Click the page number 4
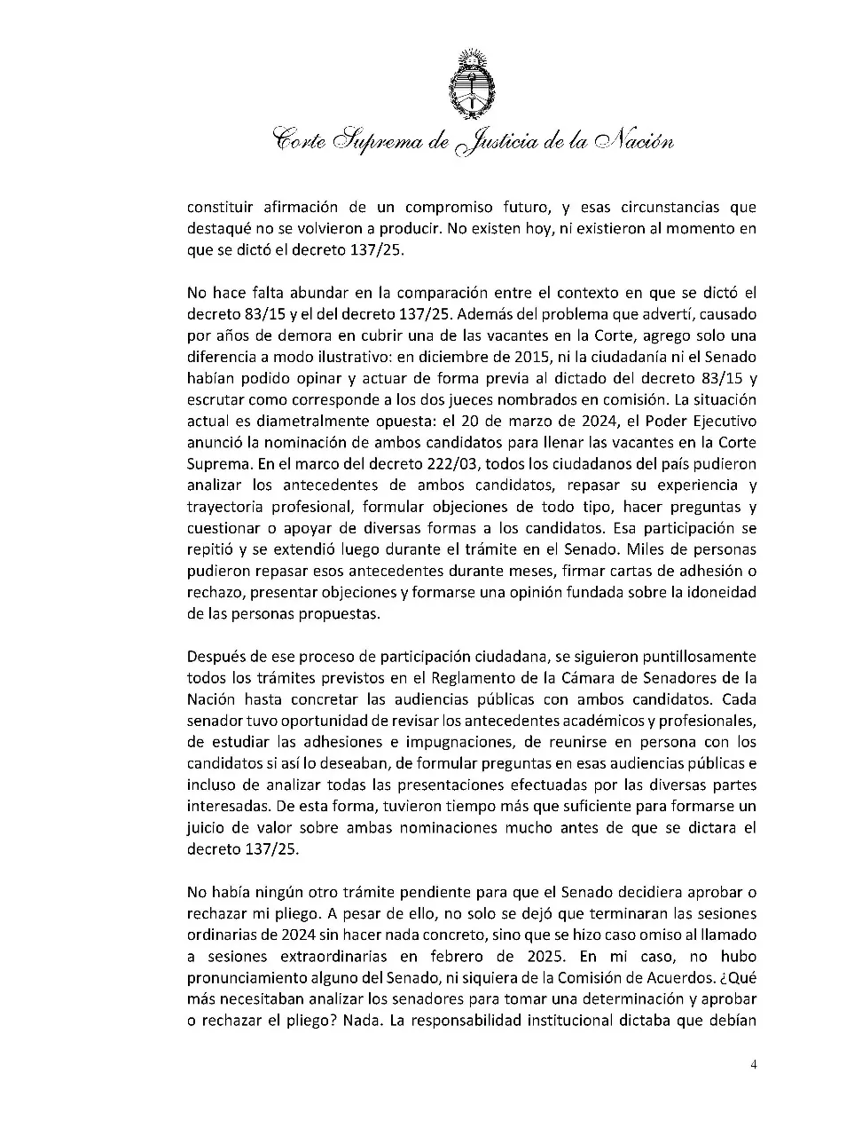(x=752, y=1065)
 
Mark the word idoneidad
(x=721, y=592)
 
